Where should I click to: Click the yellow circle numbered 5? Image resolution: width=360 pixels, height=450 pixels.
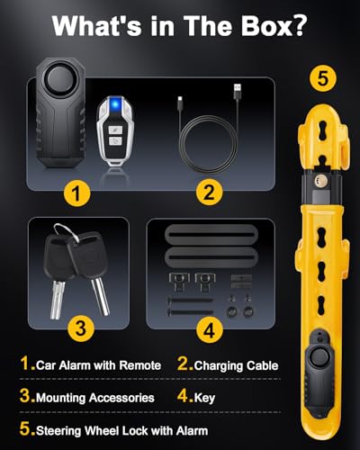(x=323, y=79)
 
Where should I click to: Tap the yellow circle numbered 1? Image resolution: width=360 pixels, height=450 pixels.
(x=77, y=193)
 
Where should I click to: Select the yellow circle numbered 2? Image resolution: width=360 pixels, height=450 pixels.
(x=209, y=193)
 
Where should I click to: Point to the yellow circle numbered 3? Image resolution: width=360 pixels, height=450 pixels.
(x=81, y=328)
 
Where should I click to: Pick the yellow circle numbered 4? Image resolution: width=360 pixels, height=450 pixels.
(x=210, y=330)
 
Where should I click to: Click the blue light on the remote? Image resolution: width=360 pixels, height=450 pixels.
(x=114, y=104)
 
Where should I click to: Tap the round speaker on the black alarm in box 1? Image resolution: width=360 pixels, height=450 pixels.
(x=59, y=79)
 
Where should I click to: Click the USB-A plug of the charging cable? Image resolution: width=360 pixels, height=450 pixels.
(x=238, y=91)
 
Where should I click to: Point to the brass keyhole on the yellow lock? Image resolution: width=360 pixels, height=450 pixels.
(x=318, y=180)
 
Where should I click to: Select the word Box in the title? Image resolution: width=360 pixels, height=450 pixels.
(x=265, y=26)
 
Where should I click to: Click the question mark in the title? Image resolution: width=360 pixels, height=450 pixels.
(x=298, y=26)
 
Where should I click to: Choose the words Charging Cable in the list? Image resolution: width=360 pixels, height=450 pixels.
(x=237, y=366)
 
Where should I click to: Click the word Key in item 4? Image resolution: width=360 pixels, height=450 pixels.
(x=204, y=398)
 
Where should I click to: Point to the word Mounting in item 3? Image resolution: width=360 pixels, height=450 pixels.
(x=61, y=398)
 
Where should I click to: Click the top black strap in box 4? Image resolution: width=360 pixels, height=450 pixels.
(x=210, y=234)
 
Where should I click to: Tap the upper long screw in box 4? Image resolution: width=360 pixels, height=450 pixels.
(x=190, y=300)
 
